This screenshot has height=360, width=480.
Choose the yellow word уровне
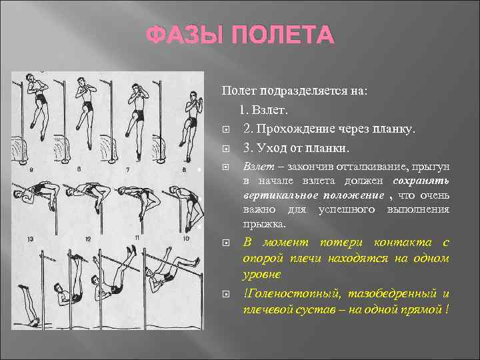point(262,274)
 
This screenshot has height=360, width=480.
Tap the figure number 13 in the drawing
point(30,239)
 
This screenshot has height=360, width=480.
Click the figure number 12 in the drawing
point(87,239)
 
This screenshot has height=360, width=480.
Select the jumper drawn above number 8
point(192,113)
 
